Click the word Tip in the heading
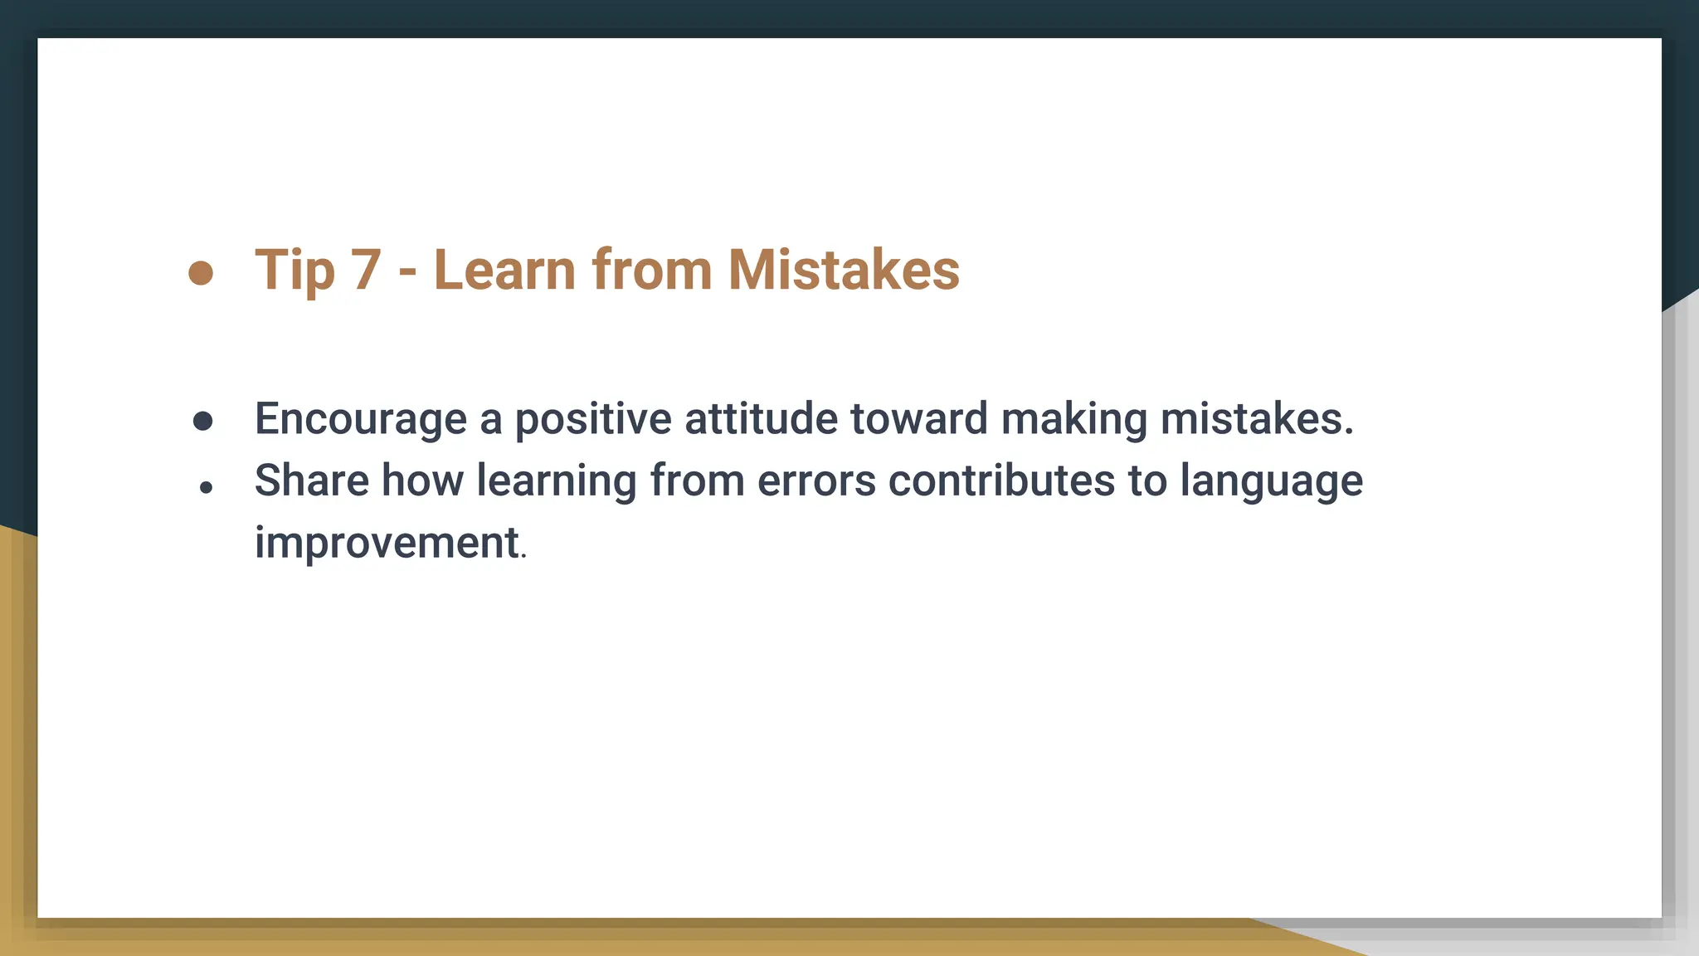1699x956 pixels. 295,271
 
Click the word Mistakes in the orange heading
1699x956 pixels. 843,271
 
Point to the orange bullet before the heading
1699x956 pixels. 201,272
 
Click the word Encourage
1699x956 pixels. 360,419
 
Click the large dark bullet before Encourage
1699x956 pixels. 202,422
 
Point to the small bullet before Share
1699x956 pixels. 206,488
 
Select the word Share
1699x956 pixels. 311,480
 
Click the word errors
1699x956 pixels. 815,481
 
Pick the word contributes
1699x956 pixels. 1000,480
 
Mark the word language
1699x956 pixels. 1271,482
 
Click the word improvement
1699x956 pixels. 387,544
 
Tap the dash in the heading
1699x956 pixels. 406,272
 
